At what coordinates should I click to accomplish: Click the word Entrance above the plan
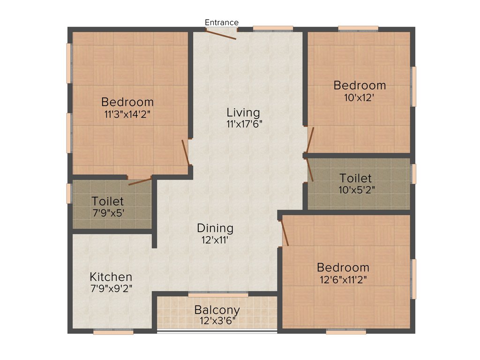(222, 22)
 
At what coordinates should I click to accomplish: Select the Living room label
(243, 112)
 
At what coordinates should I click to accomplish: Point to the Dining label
(215, 228)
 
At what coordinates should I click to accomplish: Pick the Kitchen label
(111, 277)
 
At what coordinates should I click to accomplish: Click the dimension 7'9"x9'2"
(111, 288)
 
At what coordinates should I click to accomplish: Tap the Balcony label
(217, 310)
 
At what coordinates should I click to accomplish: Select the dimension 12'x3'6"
(217, 321)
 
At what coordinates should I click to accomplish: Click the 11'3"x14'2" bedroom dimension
(127, 113)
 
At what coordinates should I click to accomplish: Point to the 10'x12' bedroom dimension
(360, 97)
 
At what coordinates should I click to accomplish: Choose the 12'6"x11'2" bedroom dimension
(343, 279)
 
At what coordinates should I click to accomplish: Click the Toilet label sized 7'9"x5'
(108, 201)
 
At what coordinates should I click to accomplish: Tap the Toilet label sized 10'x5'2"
(356, 178)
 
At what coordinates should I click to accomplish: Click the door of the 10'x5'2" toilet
(310, 170)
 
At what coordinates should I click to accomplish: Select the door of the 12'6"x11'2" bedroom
(284, 233)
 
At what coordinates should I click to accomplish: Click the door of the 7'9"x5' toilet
(140, 181)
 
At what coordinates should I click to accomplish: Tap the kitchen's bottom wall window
(113, 331)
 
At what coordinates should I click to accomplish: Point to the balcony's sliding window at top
(218, 295)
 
